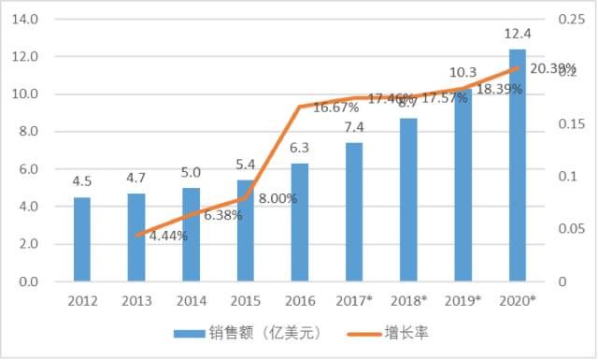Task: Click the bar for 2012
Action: point(82,239)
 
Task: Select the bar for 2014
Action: point(191,235)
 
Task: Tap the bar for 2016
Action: point(299,223)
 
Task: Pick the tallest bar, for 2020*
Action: point(517,166)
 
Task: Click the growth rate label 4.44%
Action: point(168,236)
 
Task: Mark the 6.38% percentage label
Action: point(222,215)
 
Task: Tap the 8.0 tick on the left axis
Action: point(25,132)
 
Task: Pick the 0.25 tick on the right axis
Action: point(567,19)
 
